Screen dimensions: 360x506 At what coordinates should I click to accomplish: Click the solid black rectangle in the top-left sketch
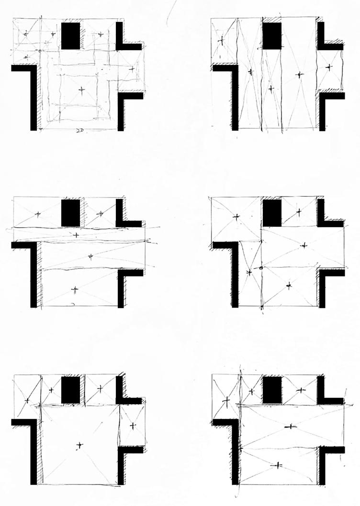click(71, 35)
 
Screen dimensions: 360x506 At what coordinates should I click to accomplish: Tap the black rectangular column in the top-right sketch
click(272, 36)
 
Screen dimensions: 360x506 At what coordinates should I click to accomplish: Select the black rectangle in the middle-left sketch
click(70, 213)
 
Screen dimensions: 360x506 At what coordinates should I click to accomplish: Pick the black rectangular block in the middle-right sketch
click(272, 213)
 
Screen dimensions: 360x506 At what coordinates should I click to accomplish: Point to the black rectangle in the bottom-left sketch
click(71, 390)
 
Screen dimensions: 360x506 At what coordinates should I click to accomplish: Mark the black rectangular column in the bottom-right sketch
click(272, 390)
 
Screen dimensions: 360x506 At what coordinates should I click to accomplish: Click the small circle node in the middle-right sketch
click(261, 268)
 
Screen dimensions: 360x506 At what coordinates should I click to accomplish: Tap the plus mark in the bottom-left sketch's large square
click(79, 445)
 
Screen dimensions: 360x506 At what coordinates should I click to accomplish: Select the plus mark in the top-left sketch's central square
click(81, 89)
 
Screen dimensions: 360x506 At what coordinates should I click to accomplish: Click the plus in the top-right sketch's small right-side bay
click(328, 67)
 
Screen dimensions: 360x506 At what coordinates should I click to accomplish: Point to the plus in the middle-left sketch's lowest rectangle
click(74, 289)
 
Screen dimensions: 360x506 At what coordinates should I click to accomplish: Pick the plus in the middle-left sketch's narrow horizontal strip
click(76, 235)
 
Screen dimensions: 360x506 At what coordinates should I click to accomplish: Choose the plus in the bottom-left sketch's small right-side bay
click(133, 425)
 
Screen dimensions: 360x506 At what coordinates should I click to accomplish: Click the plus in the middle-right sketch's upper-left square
click(236, 217)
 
